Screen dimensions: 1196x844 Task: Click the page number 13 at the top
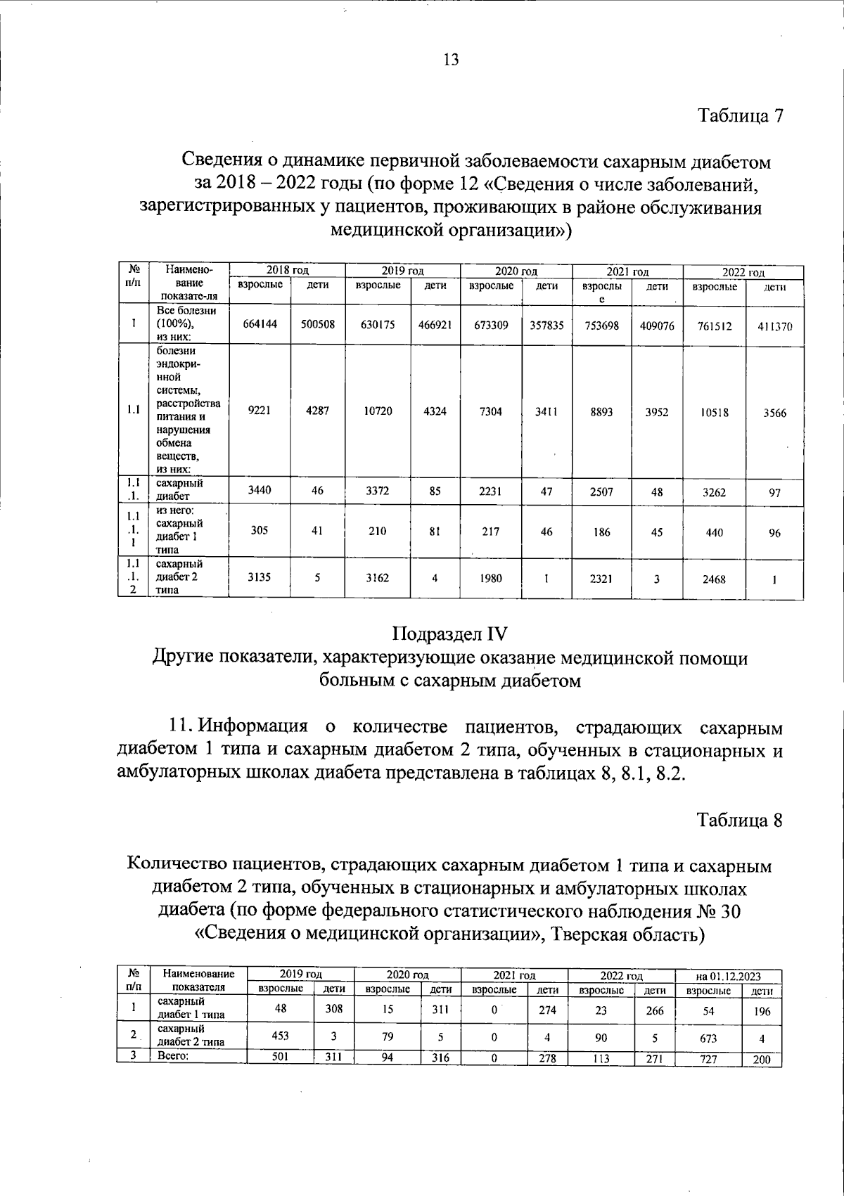tap(451, 60)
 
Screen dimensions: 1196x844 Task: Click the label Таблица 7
tap(740, 115)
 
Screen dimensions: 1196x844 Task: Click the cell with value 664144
tap(260, 325)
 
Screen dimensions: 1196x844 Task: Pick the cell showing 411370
tap(774, 326)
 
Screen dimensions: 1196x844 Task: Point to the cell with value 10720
tap(378, 411)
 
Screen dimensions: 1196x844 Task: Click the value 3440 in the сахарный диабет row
tap(260, 491)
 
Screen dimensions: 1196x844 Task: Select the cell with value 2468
tap(714, 579)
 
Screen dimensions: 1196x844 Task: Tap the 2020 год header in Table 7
tap(516, 271)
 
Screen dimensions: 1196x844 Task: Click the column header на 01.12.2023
tap(728, 977)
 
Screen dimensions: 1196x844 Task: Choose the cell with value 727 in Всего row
tap(708, 1060)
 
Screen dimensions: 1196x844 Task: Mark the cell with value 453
tap(280, 1036)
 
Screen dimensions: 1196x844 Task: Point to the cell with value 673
tap(708, 1038)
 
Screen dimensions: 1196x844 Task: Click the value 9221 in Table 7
tap(260, 411)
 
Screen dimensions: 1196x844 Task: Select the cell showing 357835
tap(546, 325)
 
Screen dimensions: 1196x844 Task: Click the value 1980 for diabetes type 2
tap(490, 579)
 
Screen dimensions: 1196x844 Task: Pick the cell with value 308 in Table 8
tap(334, 1009)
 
